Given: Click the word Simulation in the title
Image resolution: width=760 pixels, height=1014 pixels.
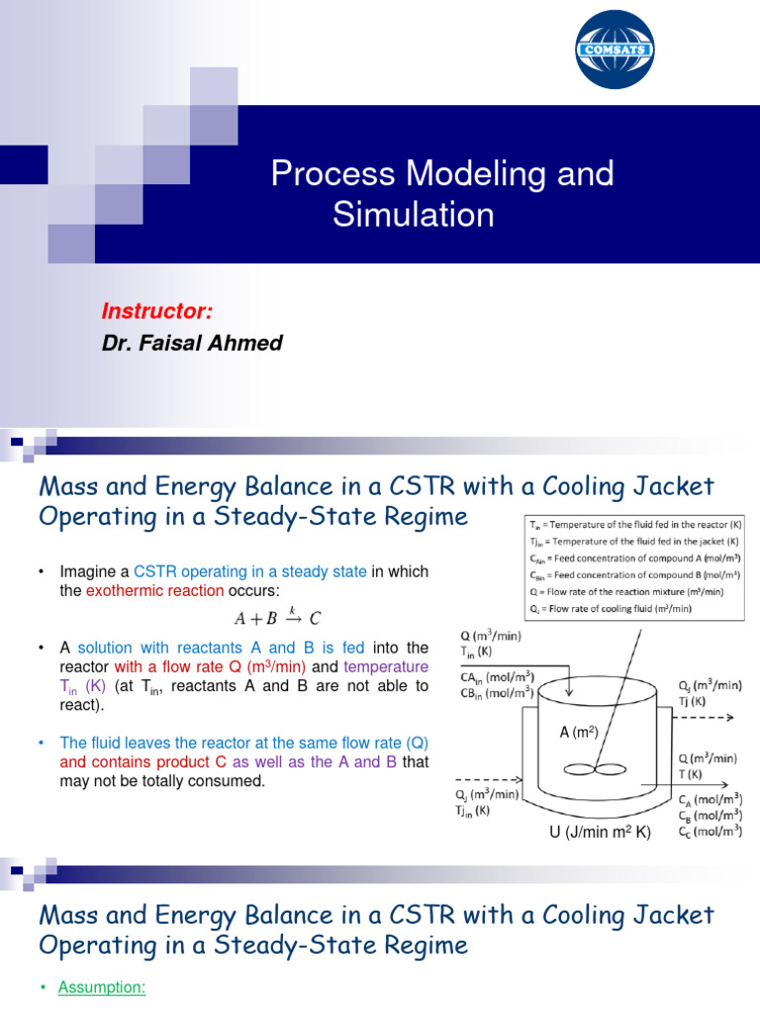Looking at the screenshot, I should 413,214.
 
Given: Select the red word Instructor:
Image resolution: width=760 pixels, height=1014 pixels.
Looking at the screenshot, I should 156,312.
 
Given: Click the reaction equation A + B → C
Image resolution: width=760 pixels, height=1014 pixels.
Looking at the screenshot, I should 277,619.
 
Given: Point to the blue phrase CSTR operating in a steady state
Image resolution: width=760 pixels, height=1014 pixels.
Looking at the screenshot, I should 250,572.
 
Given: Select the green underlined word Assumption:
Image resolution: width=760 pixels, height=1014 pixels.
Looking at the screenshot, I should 102,987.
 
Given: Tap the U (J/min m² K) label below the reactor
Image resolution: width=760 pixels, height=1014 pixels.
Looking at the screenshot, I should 601,833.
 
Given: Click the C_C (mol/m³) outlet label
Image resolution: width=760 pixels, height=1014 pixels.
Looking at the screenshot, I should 706,833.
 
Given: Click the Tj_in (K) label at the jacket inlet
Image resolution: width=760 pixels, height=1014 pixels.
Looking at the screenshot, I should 473,811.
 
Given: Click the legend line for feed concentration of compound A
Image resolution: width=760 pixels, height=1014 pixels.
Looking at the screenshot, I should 634,558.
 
